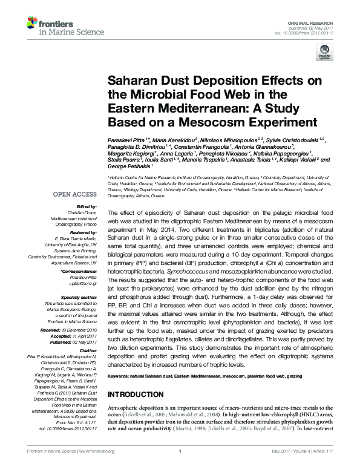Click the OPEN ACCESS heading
pos(75,194)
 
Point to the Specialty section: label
pos(79,297)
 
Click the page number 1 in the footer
pos(180,467)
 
